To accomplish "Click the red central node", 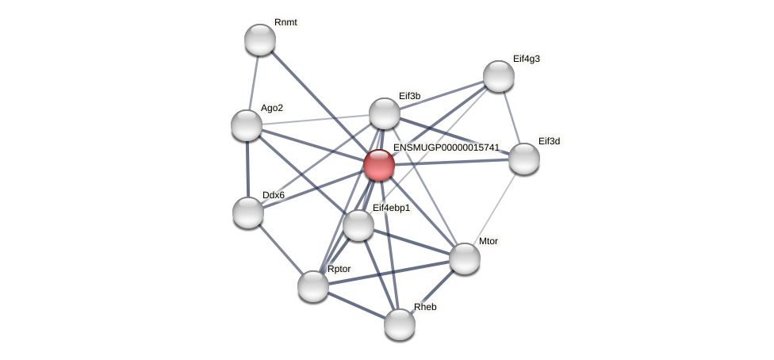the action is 379,166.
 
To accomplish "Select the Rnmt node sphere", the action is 260,40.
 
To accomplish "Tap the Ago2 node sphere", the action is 247,125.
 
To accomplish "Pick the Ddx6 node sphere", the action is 248,213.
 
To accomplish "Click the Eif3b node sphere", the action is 385,113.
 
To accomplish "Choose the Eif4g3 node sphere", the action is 499,77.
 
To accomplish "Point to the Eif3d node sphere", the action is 523,159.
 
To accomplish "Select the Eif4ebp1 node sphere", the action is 358,226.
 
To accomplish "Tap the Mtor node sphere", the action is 465,259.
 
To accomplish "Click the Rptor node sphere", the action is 313,286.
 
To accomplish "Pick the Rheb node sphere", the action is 400,325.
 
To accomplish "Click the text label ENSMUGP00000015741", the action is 446,147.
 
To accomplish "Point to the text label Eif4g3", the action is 527,59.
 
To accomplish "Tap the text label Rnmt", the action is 285,22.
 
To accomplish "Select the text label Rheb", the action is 425,307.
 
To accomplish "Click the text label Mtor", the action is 489,242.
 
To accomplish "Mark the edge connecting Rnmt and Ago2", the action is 254,82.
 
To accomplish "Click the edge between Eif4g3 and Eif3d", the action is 512,117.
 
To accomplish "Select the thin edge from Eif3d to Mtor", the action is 494,209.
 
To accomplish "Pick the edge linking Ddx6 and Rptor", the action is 281,249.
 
